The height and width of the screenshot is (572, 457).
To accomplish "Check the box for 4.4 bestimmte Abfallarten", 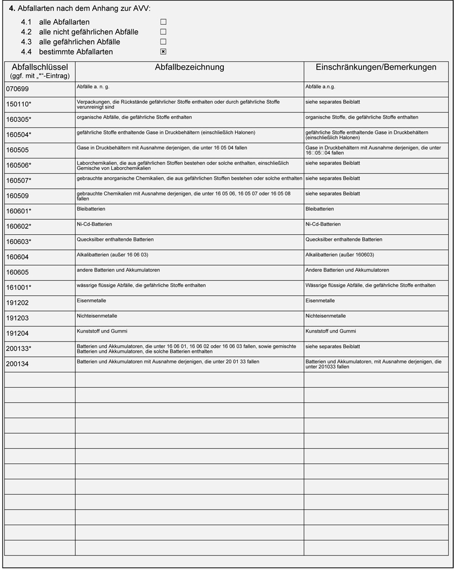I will [163, 52].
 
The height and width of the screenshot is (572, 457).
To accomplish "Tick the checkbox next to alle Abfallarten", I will [163, 22].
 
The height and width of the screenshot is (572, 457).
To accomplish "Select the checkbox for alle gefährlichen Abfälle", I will [163, 42].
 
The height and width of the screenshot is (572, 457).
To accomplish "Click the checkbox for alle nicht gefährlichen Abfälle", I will [163, 32].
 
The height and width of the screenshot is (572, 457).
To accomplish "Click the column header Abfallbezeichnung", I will [189, 68].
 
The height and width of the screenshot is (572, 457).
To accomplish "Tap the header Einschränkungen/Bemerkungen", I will [376, 68].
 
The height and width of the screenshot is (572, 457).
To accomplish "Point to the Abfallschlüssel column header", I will [40, 68].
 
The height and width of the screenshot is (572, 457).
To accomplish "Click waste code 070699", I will [18, 89].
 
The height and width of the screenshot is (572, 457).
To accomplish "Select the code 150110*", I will [19, 104].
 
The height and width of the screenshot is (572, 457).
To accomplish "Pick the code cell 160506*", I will [19, 166].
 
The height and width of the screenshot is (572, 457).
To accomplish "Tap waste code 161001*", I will [19, 288].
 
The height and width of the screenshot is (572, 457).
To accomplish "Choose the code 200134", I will [18, 364].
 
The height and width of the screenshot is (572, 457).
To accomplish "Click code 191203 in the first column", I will [18, 318].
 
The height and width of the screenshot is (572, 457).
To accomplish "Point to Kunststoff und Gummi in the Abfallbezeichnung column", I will [102, 331].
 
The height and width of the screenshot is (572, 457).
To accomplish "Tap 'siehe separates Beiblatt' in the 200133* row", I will [332, 347].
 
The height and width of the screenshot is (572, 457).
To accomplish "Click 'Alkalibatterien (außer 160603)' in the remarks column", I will [339, 255].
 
